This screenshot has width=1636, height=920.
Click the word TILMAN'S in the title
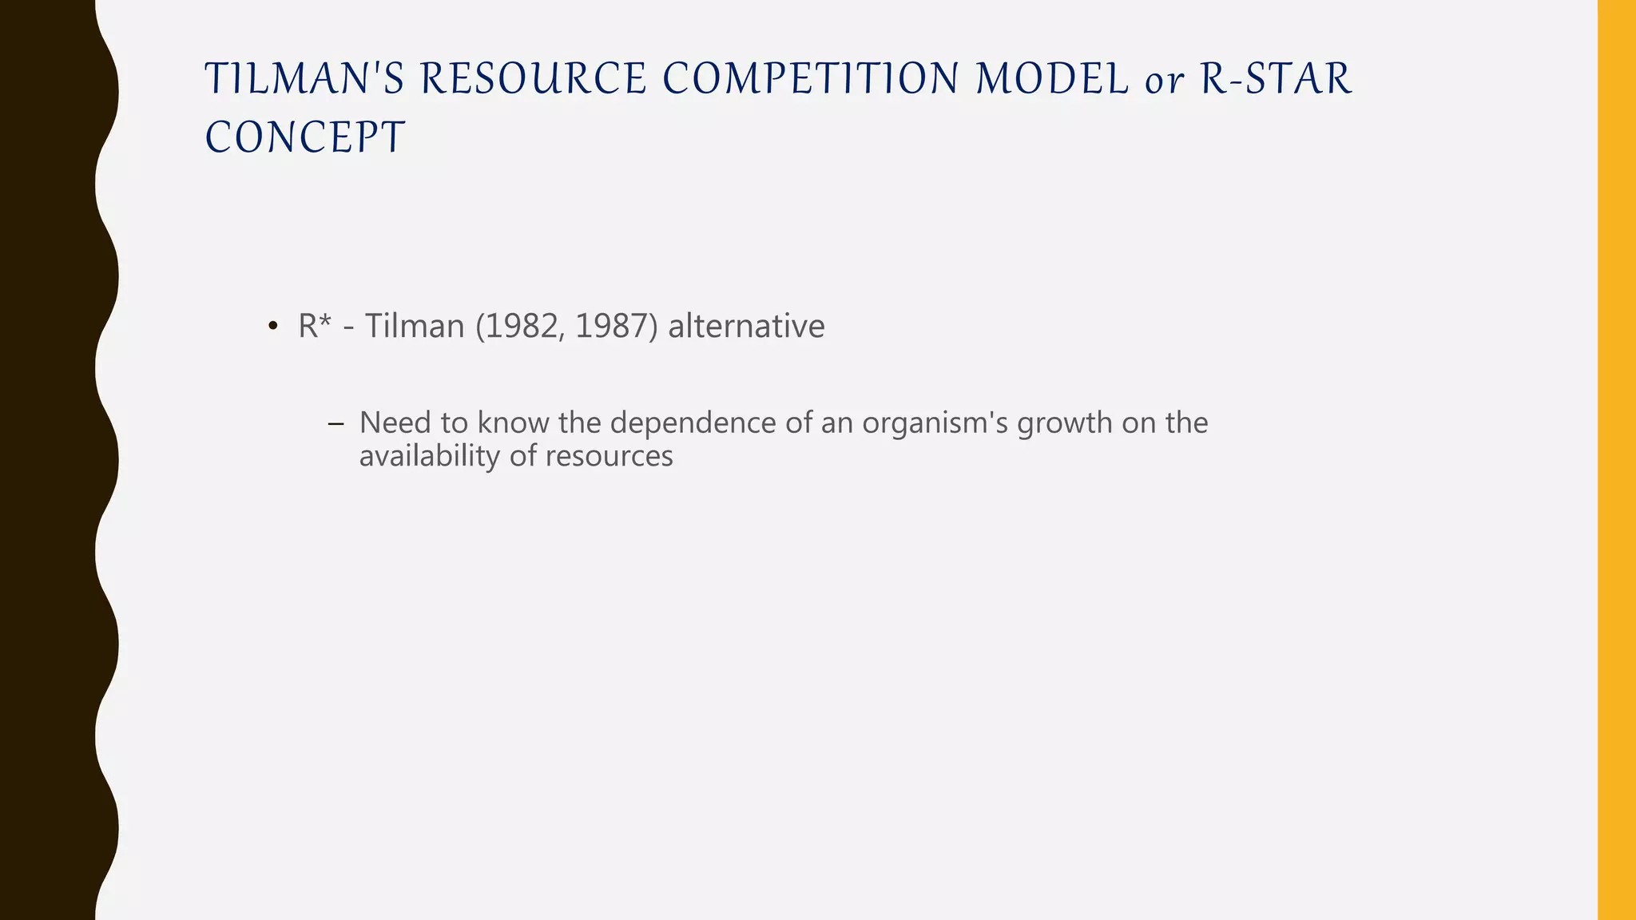[x=305, y=79]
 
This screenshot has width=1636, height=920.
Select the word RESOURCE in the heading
[x=533, y=79]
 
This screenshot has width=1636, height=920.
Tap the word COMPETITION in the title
[x=810, y=79]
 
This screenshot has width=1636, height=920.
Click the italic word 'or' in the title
[x=1164, y=81]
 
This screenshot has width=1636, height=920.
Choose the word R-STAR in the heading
[x=1276, y=79]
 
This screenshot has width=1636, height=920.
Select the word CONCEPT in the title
[x=305, y=137]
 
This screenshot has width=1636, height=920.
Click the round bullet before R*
[x=272, y=327]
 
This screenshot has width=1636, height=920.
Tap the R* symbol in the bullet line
[x=314, y=326]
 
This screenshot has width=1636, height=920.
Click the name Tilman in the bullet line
[x=415, y=326]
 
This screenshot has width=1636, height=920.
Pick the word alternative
[x=746, y=326]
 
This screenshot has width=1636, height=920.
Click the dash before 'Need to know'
[x=336, y=423]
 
